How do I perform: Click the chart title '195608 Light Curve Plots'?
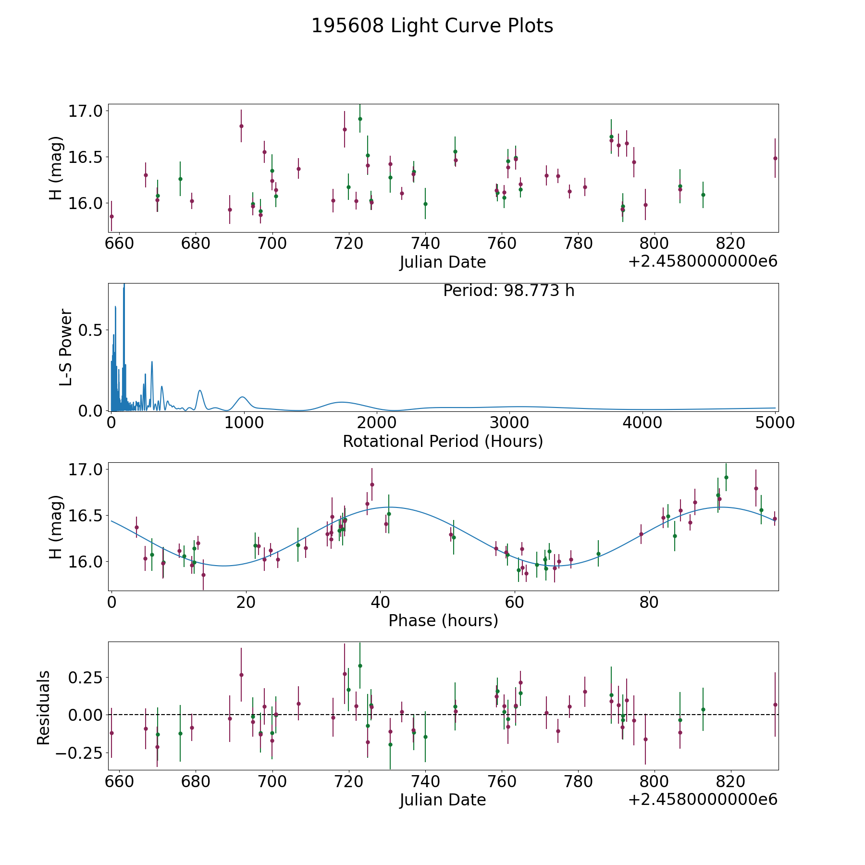(x=432, y=26)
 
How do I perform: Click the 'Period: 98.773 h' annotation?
(x=508, y=291)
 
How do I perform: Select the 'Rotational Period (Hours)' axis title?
(x=443, y=441)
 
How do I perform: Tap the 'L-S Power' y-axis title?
(x=66, y=347)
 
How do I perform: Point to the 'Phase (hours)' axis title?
(x=443, y=620)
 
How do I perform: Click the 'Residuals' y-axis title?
(x=44, y=708)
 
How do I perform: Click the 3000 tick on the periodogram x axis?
(x=509, y=422)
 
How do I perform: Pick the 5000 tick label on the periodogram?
(x=775, y=422)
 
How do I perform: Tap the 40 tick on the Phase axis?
(x=380, y=602)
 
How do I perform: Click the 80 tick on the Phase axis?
(x=649, y=602)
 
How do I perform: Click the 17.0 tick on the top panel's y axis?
(x=86, y=111)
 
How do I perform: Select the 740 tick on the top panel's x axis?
(x=425, y=243)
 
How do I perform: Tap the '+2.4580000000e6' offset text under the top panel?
(x=703, y=262)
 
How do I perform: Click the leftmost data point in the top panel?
(x=111, y=216)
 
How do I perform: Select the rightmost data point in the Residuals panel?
(x=775, y=704)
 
